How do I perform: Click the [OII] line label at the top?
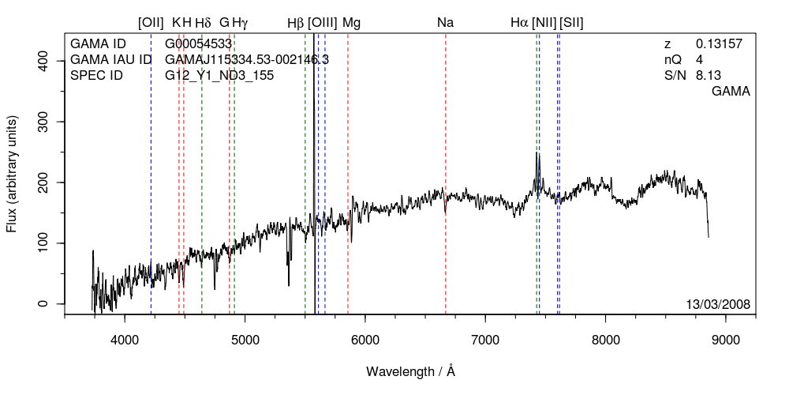click(x=151, y=23)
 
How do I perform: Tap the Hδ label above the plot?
click(x=203, y=23)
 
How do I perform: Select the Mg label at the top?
click(x=351, y=23)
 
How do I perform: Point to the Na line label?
click(x=446, y=23)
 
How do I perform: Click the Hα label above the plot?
click(x=519, y=23)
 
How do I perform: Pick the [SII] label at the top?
click(x=571, y=23)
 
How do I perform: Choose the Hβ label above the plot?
click(x=296, y=23)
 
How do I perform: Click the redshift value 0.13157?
click(x=719, y=44)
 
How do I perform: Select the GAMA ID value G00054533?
click(x=198, y=44)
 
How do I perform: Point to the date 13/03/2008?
click(x=718, y=304)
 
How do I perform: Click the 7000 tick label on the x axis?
click(x=485, y=340)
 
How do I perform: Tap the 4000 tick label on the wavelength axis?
click(x=125, y=340)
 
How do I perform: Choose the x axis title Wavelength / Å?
click(x=411, y=371)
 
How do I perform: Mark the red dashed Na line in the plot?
click(x=446, y=253)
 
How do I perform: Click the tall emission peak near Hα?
click(x=537, y=154)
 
